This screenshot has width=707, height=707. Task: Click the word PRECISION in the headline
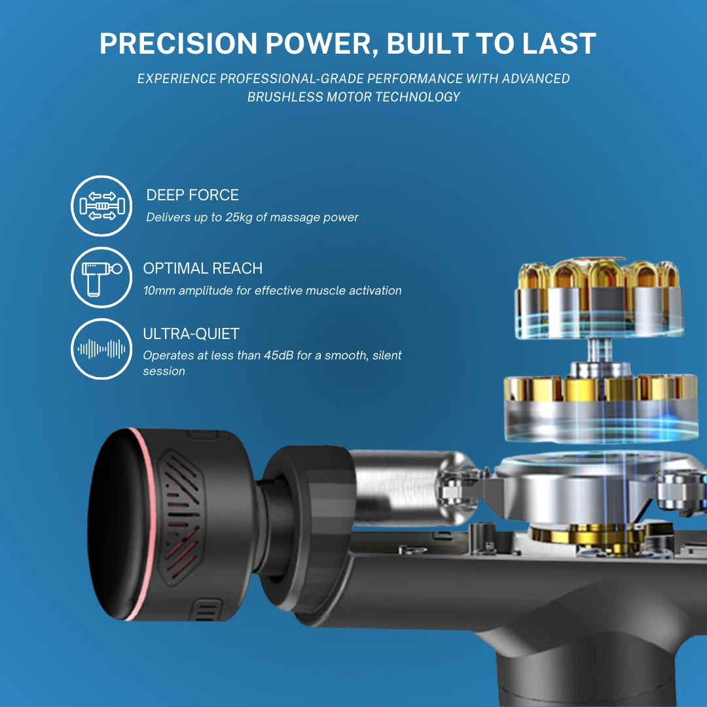click(x=178, y=44)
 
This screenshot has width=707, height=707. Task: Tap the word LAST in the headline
click(x=559, y=44)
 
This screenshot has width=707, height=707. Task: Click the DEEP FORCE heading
click(x=192, y=195)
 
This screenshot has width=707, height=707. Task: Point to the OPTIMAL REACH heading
click(x=202, y=268)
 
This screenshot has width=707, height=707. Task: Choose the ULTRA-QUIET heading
click(x=191, y=334)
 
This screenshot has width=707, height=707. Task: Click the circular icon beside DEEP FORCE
click(x=101, y=206)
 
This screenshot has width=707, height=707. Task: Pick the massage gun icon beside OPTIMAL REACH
click(x=101, y=278)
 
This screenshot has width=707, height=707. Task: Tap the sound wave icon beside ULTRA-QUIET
click(x=101, y=349)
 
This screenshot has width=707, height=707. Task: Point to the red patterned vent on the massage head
click(x=181, y=517)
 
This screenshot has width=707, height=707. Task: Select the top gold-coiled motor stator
click(x=599, y=298)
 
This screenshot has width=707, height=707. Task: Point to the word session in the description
click(x=164, y=371)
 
